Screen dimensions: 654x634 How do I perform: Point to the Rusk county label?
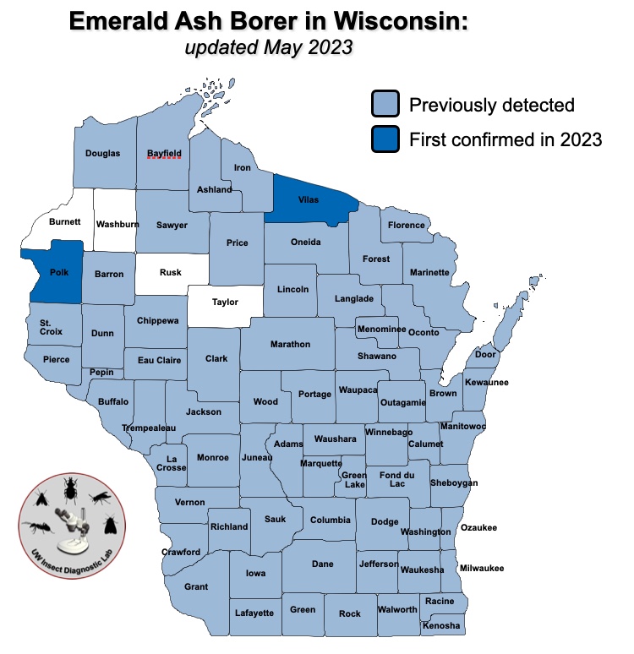pyautogui.click(x=170, y=273)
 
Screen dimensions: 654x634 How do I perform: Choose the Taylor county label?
pyautogui.click(x=225, y=302)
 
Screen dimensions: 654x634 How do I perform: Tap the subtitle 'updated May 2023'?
pyautogui.click(x=268, y=47)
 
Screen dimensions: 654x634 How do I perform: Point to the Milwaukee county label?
pyautogui.click(x=481, y=569)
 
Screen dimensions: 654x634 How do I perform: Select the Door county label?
pyautogui.click(x=485, y=355)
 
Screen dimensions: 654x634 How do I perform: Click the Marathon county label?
pyautogui.click(x=290, y=345)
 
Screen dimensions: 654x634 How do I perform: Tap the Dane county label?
pyautogui.click(x=322, y=564)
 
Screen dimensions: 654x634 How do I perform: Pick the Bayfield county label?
pyautogui.click(x=164, y=154)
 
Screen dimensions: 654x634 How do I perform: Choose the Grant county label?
pyautogui.click(x=196, y=586)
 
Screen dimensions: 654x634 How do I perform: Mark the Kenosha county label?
pyautogui.click(x=442, y=626)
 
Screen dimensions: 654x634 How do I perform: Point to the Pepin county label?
pyautogui.click(x=101, y=373)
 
